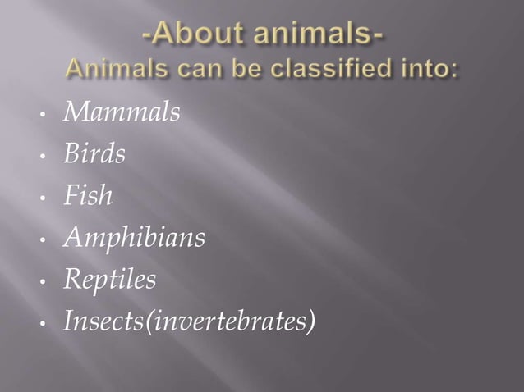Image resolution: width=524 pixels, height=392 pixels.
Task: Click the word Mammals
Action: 121,113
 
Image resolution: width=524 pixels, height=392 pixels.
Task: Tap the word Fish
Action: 88,197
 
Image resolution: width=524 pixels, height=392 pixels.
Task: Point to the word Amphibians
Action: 134,239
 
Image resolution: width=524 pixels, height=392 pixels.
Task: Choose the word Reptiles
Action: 109,280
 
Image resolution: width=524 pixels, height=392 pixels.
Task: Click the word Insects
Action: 99,322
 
